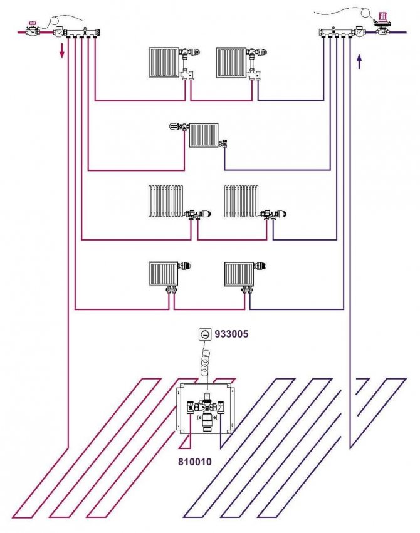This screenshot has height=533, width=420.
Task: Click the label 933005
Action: [x=232, y=334]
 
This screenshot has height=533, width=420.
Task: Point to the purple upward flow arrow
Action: [x=359, y=61]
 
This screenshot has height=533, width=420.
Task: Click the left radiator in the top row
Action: [x=164, y=63]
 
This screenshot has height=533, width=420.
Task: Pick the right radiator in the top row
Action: [x=231, y=63]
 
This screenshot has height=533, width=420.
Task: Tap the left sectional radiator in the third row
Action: [x=165, y=200]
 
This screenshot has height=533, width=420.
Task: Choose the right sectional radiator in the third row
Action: [x=241, y=200]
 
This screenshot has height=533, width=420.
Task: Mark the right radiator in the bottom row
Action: [x=238, y=274]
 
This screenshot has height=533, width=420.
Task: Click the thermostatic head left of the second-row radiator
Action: [x=176, y=127]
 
